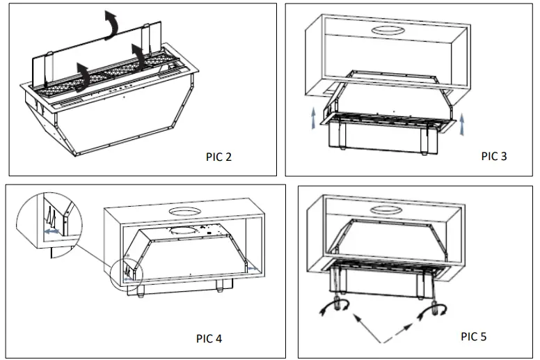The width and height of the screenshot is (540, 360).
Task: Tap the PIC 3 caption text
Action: coord(494,156)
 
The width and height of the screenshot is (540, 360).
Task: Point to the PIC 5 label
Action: coord(474,336)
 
